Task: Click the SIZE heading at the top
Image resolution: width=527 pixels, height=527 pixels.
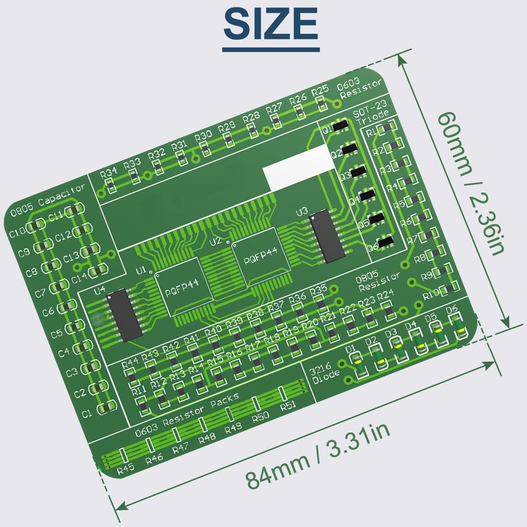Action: (271, 24)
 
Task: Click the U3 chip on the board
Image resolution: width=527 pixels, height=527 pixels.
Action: (326, 238)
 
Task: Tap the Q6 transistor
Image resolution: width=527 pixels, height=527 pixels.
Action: (385, 241)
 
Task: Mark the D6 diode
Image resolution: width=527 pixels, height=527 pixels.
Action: (459, 327)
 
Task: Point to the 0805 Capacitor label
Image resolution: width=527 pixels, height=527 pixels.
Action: (47, 202)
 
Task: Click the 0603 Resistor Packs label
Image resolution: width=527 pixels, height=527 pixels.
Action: (187, 416)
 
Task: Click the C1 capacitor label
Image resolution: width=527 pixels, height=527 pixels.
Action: (87, 413)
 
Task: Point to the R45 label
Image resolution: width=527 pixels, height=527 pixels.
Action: (126, 469)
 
